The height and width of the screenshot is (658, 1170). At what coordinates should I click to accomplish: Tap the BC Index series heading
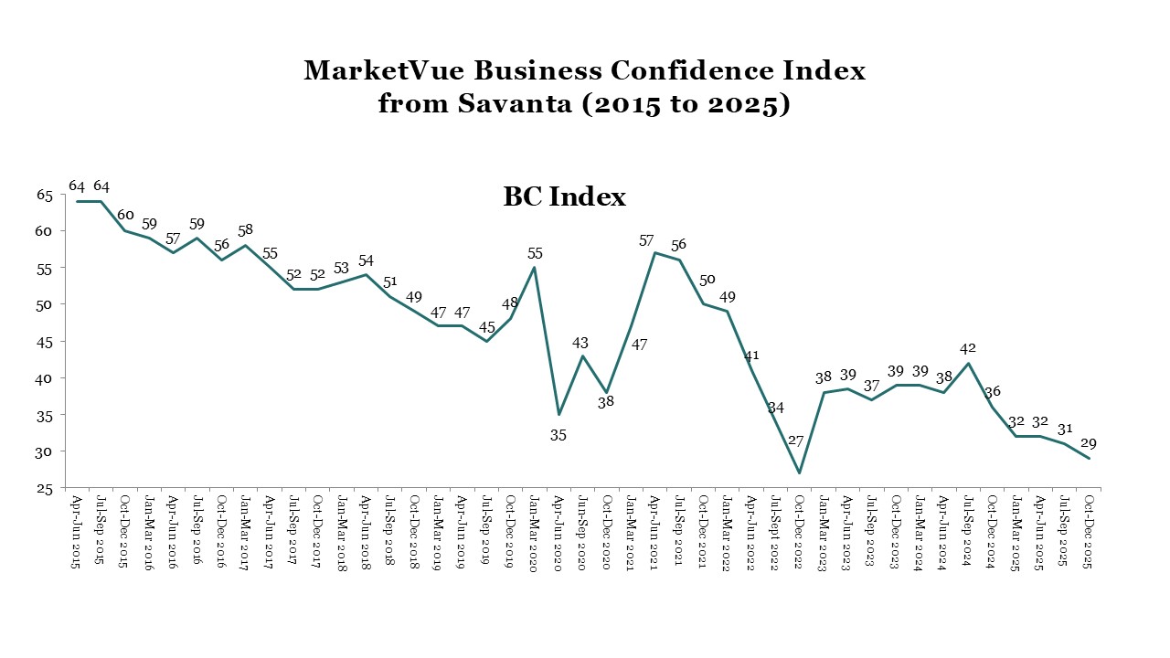(x=564, y=196)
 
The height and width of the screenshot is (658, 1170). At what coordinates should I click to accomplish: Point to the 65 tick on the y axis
(x=45, y=194)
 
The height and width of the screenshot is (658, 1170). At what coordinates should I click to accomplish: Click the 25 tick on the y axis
(x=45, y=489)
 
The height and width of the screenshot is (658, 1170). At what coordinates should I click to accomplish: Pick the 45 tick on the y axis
(x=45, y=342)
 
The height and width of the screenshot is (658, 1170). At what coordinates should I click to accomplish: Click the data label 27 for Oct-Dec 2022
(x=796, y=441)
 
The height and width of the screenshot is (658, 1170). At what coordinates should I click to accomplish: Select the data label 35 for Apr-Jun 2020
(x=558, y=435)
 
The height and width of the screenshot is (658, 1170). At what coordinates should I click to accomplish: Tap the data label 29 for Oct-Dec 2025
(x=1088, y=443)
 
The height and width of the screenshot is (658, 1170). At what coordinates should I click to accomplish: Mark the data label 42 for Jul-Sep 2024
(x=968, y=347)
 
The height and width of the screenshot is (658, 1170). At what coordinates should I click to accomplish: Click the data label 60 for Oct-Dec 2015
(x=125, y=215)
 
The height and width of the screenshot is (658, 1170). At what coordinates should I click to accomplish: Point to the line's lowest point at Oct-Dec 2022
(x=800, y=472)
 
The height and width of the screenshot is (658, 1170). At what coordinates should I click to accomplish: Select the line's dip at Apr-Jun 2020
(x=558, y=414)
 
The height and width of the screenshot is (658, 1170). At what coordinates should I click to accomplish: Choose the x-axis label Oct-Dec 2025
(x=1089, y=532)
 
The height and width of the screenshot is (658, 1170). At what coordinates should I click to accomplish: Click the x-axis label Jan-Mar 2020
(x=534, y=532)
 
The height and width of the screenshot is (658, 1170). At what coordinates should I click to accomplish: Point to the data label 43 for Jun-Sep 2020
(x=580, y=343)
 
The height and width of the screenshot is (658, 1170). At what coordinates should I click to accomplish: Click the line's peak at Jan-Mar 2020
(x=534, y=267)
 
